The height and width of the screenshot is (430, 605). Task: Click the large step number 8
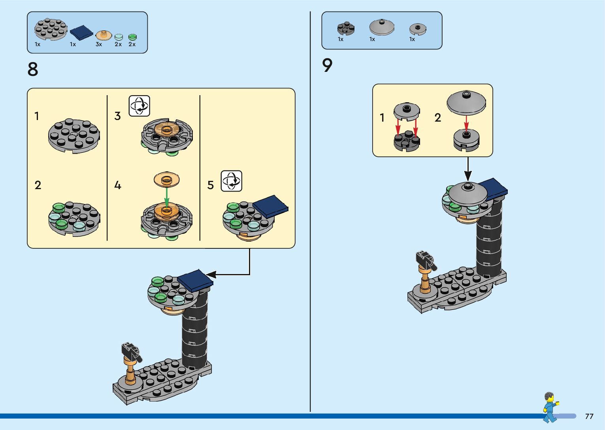(33, 69)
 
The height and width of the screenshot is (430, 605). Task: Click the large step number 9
(327, 65)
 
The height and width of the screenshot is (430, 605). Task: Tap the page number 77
(589, 416)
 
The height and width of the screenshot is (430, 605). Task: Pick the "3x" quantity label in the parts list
(98, 44)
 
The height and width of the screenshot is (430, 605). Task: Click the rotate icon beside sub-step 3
(139, 106)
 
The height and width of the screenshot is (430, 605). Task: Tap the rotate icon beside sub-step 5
(232, 181)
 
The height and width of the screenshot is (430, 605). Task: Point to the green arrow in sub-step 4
(167, 197)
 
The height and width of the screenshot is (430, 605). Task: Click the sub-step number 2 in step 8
(38, 185)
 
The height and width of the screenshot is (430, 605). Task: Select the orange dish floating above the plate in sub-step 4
(167, 179)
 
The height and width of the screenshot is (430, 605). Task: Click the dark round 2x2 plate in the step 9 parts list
(346, 28)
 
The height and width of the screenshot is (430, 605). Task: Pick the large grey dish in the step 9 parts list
(382, 27)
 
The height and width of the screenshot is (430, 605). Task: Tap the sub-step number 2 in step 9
(437, 117)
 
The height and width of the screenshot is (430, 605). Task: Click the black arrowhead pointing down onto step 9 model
(468, 176)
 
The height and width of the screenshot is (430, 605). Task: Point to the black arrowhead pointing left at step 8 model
(211, 274)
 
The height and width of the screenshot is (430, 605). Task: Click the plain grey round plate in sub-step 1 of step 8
(74, 136)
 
